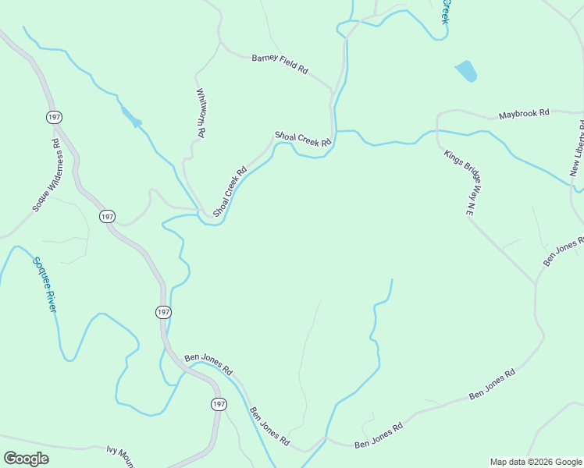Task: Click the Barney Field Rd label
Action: pos(279,63)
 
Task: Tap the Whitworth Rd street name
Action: pos(200,112)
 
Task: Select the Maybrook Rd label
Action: pos(524,114)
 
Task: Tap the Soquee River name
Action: pos(45,285)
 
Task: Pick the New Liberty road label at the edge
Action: pos(577,148)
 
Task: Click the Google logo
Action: pos(26,459)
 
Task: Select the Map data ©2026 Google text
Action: pos(536,462)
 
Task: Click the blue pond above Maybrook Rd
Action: pos(465,71)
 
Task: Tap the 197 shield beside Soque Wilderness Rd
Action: pos(54,117)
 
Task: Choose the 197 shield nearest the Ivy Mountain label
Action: pos(218,403)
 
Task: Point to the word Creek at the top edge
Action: pos(446,12)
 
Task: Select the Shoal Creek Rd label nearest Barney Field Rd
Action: pos(303,138)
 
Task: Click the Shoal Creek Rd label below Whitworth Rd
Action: pos(230,191)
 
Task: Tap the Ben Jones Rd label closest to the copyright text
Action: pos(492,385)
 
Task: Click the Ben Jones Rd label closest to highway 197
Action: pos(208,363)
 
